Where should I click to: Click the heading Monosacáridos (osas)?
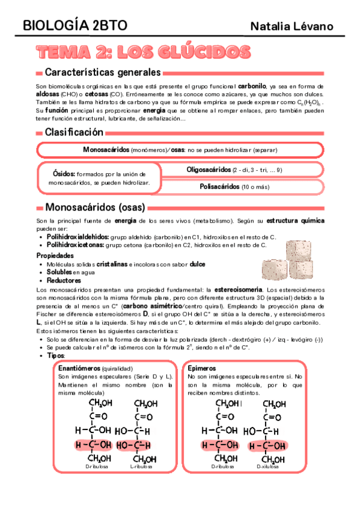click(95, 207)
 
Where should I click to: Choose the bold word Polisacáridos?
click(219, 186)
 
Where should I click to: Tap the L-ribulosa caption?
click(142, 466)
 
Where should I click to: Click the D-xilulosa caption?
click(269, 466)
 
